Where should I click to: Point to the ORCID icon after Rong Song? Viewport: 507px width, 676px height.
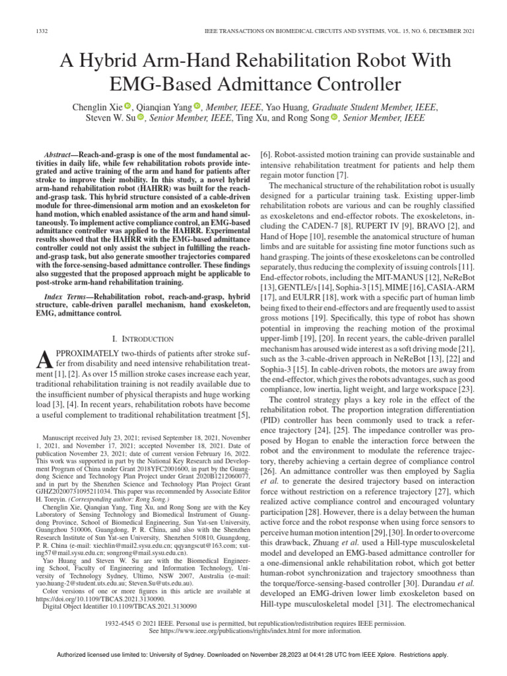[x=334, y=118]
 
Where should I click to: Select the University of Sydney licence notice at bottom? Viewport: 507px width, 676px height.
[x=253, y=655]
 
